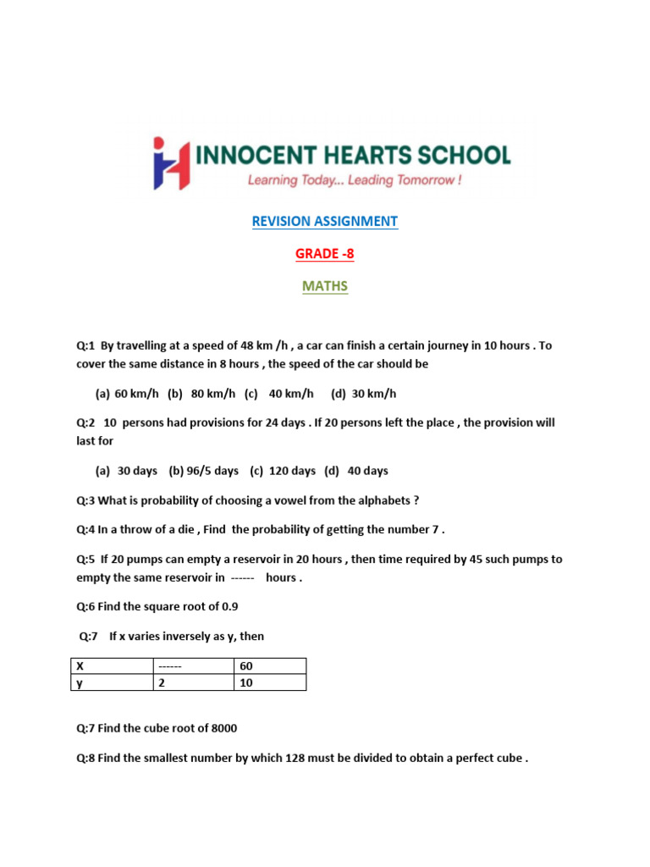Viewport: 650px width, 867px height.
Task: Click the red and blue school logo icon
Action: (171, 163)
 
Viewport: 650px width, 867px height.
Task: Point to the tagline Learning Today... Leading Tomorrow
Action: (354, 180)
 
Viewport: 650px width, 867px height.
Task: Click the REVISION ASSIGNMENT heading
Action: (324, 221)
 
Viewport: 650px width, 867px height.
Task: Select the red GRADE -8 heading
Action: (325, 254)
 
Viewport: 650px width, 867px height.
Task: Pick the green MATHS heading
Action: (325, 286)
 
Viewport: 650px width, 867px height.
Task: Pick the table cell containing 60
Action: (269, 666)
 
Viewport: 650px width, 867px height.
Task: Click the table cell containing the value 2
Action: (192, 682)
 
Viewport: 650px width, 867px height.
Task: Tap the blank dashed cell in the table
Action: (192, 666)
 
